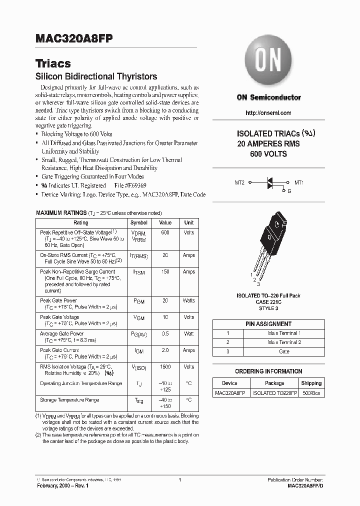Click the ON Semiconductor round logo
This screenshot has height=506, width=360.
click(269, 62)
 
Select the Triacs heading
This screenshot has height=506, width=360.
click(53, 63)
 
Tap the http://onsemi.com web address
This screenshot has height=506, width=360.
click(268, 113)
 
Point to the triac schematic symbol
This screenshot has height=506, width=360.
click(270, 183)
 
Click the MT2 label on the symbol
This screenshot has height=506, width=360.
click(240, 183)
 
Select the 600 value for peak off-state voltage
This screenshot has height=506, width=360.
click(165, 232)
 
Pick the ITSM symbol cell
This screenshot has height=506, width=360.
click(138, 272)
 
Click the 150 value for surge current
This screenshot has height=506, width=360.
click(165, 272)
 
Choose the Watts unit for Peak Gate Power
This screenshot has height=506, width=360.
click(188, 300)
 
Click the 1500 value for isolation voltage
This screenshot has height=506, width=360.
click(165, 366)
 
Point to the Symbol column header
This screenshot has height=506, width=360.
click(138, 222)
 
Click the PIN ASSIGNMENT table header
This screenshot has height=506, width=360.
click(268, 324)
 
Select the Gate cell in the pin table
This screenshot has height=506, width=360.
click(283, 352)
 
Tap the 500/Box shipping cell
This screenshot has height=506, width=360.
click(311, 393)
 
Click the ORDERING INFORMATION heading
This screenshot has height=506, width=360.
click(268, 371)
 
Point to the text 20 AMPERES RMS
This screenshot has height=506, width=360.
click(268, 144)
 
